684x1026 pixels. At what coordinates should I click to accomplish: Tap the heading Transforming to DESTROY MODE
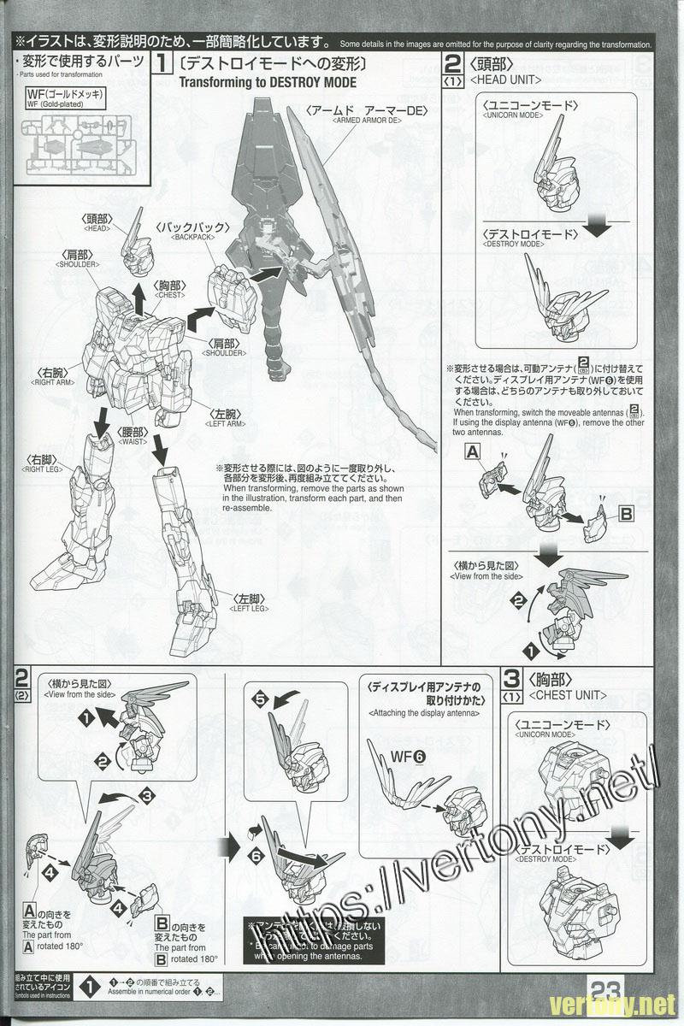[268, 82]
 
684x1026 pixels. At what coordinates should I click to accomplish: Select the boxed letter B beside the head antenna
[626, 513]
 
